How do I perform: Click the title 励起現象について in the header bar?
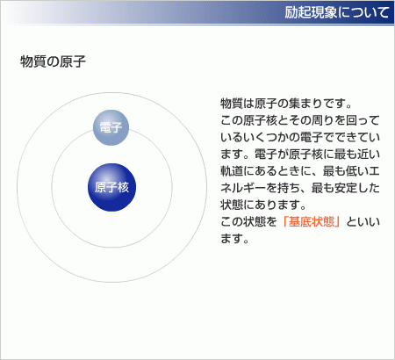337,12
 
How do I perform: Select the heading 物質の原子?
53,61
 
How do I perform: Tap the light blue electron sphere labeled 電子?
111,127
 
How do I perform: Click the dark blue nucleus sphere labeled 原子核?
111,187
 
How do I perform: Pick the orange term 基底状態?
312,221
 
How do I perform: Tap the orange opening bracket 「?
284,221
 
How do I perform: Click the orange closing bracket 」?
338,221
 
